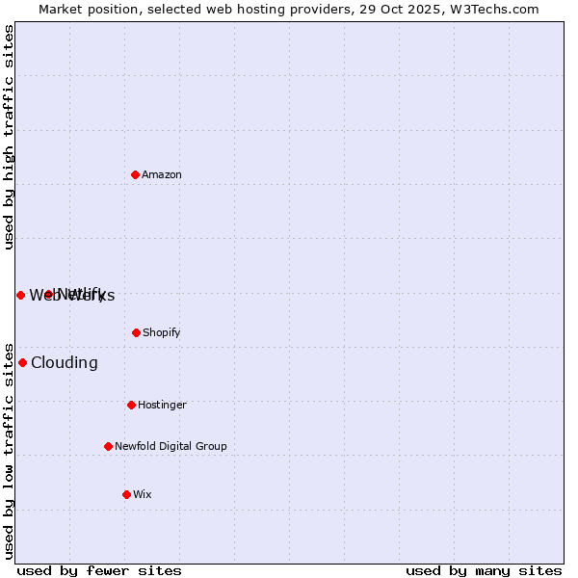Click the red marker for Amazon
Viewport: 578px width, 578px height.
point(135,174)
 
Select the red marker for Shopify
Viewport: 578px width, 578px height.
point(136,332)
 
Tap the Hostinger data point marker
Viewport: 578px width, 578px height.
point(131,405)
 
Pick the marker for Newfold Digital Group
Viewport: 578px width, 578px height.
point(108,446)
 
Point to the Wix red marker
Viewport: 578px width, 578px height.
point(126,494)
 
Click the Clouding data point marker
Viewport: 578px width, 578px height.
point(22,362)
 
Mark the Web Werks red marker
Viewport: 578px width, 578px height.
point(20,295)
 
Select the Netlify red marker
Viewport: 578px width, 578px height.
point(48,294)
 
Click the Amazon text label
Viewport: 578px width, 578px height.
point(162,174)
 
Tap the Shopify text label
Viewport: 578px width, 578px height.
point(162,332)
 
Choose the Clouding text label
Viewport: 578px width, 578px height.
point(65,362)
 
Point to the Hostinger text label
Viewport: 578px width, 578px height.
point(162,405)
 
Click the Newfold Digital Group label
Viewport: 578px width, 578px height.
point(171,446)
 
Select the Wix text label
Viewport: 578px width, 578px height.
point(143,494)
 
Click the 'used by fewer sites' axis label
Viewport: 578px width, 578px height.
point(99,570)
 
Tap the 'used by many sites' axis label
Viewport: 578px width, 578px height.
point(484,570)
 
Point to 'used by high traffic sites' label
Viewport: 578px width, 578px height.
point(9,137)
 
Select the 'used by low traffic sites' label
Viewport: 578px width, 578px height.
point(9,450)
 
